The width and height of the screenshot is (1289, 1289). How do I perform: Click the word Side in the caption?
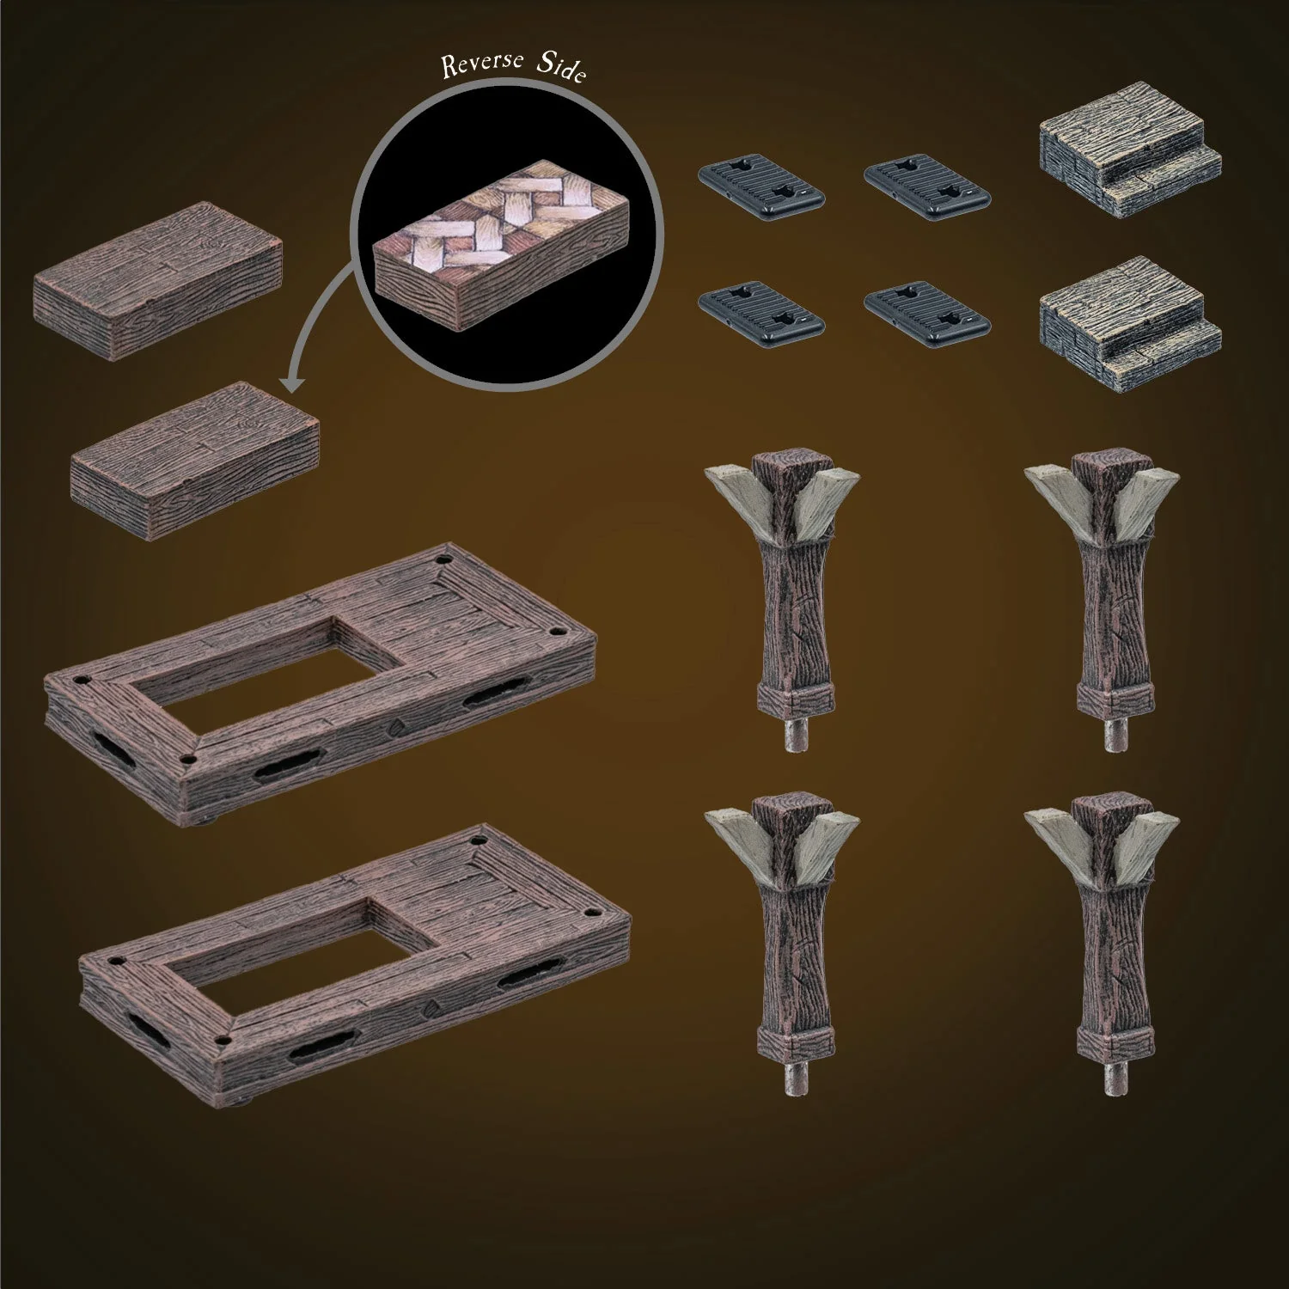[x=562, y=68]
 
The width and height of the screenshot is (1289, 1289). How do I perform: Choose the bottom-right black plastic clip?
[x=926, y=309]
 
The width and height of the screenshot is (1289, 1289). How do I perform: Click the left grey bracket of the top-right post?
[x=1054, y=490]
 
